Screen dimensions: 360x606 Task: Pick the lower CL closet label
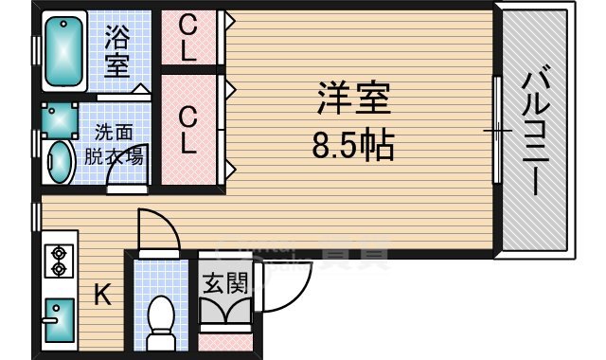point(189,130)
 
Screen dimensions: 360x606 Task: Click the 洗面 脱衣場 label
point(117,145)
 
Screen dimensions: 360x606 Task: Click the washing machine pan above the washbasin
point(59,120)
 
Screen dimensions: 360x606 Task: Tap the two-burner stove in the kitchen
point(59,261)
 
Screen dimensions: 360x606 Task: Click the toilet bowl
point(162,316)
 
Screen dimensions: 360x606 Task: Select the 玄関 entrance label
point(224,282)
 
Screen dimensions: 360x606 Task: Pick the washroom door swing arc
point(124,187)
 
